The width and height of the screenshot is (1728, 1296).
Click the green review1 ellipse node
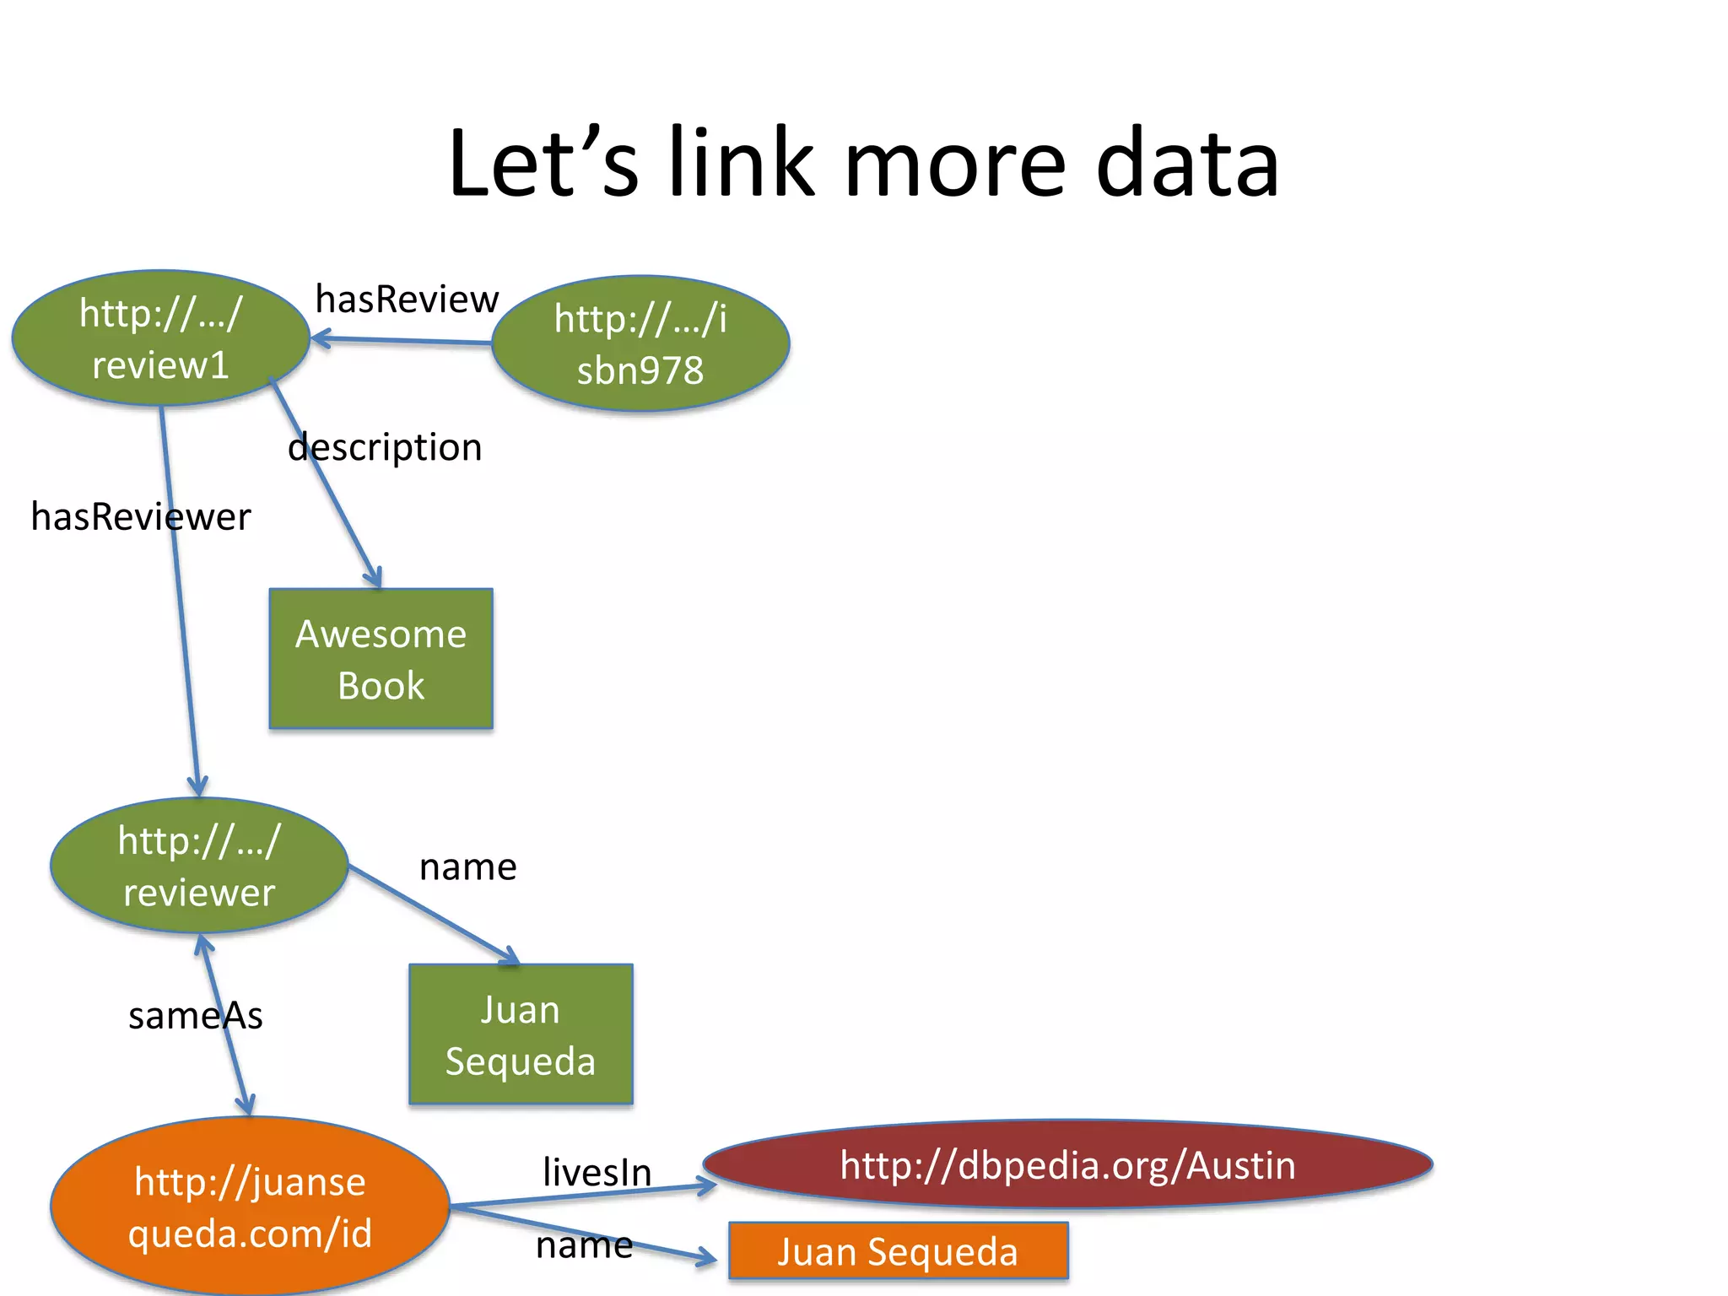click(160, 338)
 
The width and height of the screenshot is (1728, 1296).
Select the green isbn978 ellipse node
click(640, 343)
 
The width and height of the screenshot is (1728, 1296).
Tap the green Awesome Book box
click(381, 659)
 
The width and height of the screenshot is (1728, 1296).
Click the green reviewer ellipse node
click(199, 866)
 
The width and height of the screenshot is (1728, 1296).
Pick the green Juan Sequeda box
click(521, 1034)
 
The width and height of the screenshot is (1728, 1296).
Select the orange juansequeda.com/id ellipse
click(250, 1207)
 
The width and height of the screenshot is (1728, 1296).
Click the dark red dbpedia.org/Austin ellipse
click(1067, 1165)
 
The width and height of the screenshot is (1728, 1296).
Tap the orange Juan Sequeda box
click(898, 1251)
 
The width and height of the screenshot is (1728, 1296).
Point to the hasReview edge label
click(407, 300)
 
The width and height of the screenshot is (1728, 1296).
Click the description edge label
click(385, 447)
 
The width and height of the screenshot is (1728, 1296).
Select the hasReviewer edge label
click(140, 516)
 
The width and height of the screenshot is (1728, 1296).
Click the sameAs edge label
click(195, 1016)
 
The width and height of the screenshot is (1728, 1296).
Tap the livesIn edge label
click(597, 1173)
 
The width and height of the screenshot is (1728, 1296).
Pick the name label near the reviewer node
click(467, 867)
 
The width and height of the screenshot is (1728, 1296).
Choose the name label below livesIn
click(584, 1245)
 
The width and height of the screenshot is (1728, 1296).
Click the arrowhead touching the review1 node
click(319, 339)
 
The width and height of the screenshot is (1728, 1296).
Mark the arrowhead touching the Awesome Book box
click(374, 579)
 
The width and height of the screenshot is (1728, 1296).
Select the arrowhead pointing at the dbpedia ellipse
click(707, 1186)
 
